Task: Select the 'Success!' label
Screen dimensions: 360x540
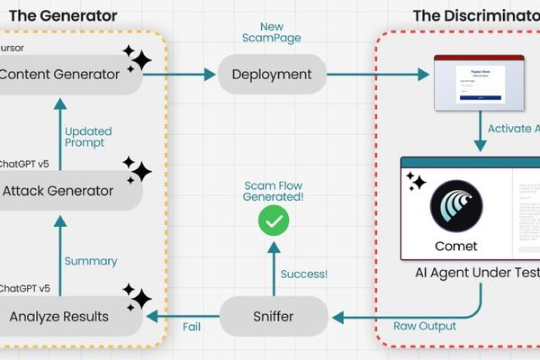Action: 304,274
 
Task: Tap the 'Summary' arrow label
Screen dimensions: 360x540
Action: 91,261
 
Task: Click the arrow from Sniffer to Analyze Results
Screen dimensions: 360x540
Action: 184,316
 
